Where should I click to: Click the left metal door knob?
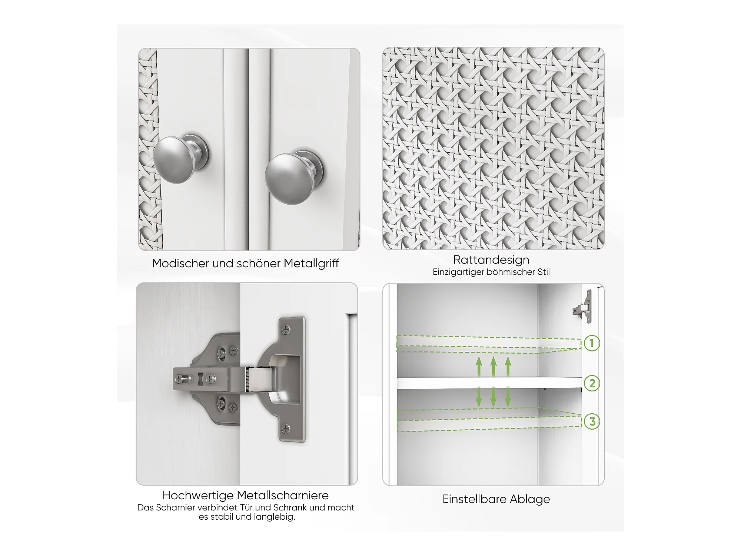pos(181,159)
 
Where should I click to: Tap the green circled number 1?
pos(592,343)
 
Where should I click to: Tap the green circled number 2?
pos(592,383)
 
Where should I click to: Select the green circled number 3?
pos(592,421)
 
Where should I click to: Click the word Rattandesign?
pos(491,259)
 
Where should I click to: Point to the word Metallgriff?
pos(311,264)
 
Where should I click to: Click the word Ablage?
pos(530,500)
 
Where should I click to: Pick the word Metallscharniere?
pos(283,495)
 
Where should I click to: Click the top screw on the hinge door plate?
pos(286,328)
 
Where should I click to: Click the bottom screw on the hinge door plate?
pos(286,429)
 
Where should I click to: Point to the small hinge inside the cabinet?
pos(582,307)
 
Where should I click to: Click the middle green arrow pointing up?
pos(493,367)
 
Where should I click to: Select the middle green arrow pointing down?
pos(493,397)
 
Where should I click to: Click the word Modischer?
pos(180,264)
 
